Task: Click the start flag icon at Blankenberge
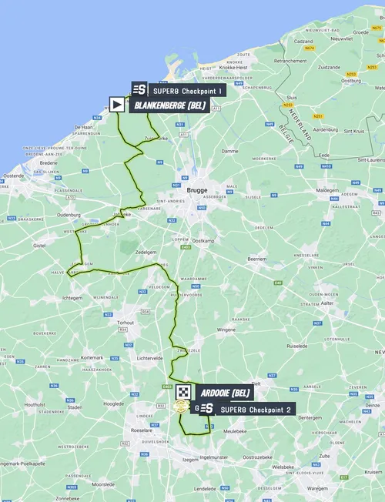coord(117,104)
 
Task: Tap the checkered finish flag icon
coord(182,392)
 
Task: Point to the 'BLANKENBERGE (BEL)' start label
coord(169,105)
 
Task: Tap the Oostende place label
coord(14,176)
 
